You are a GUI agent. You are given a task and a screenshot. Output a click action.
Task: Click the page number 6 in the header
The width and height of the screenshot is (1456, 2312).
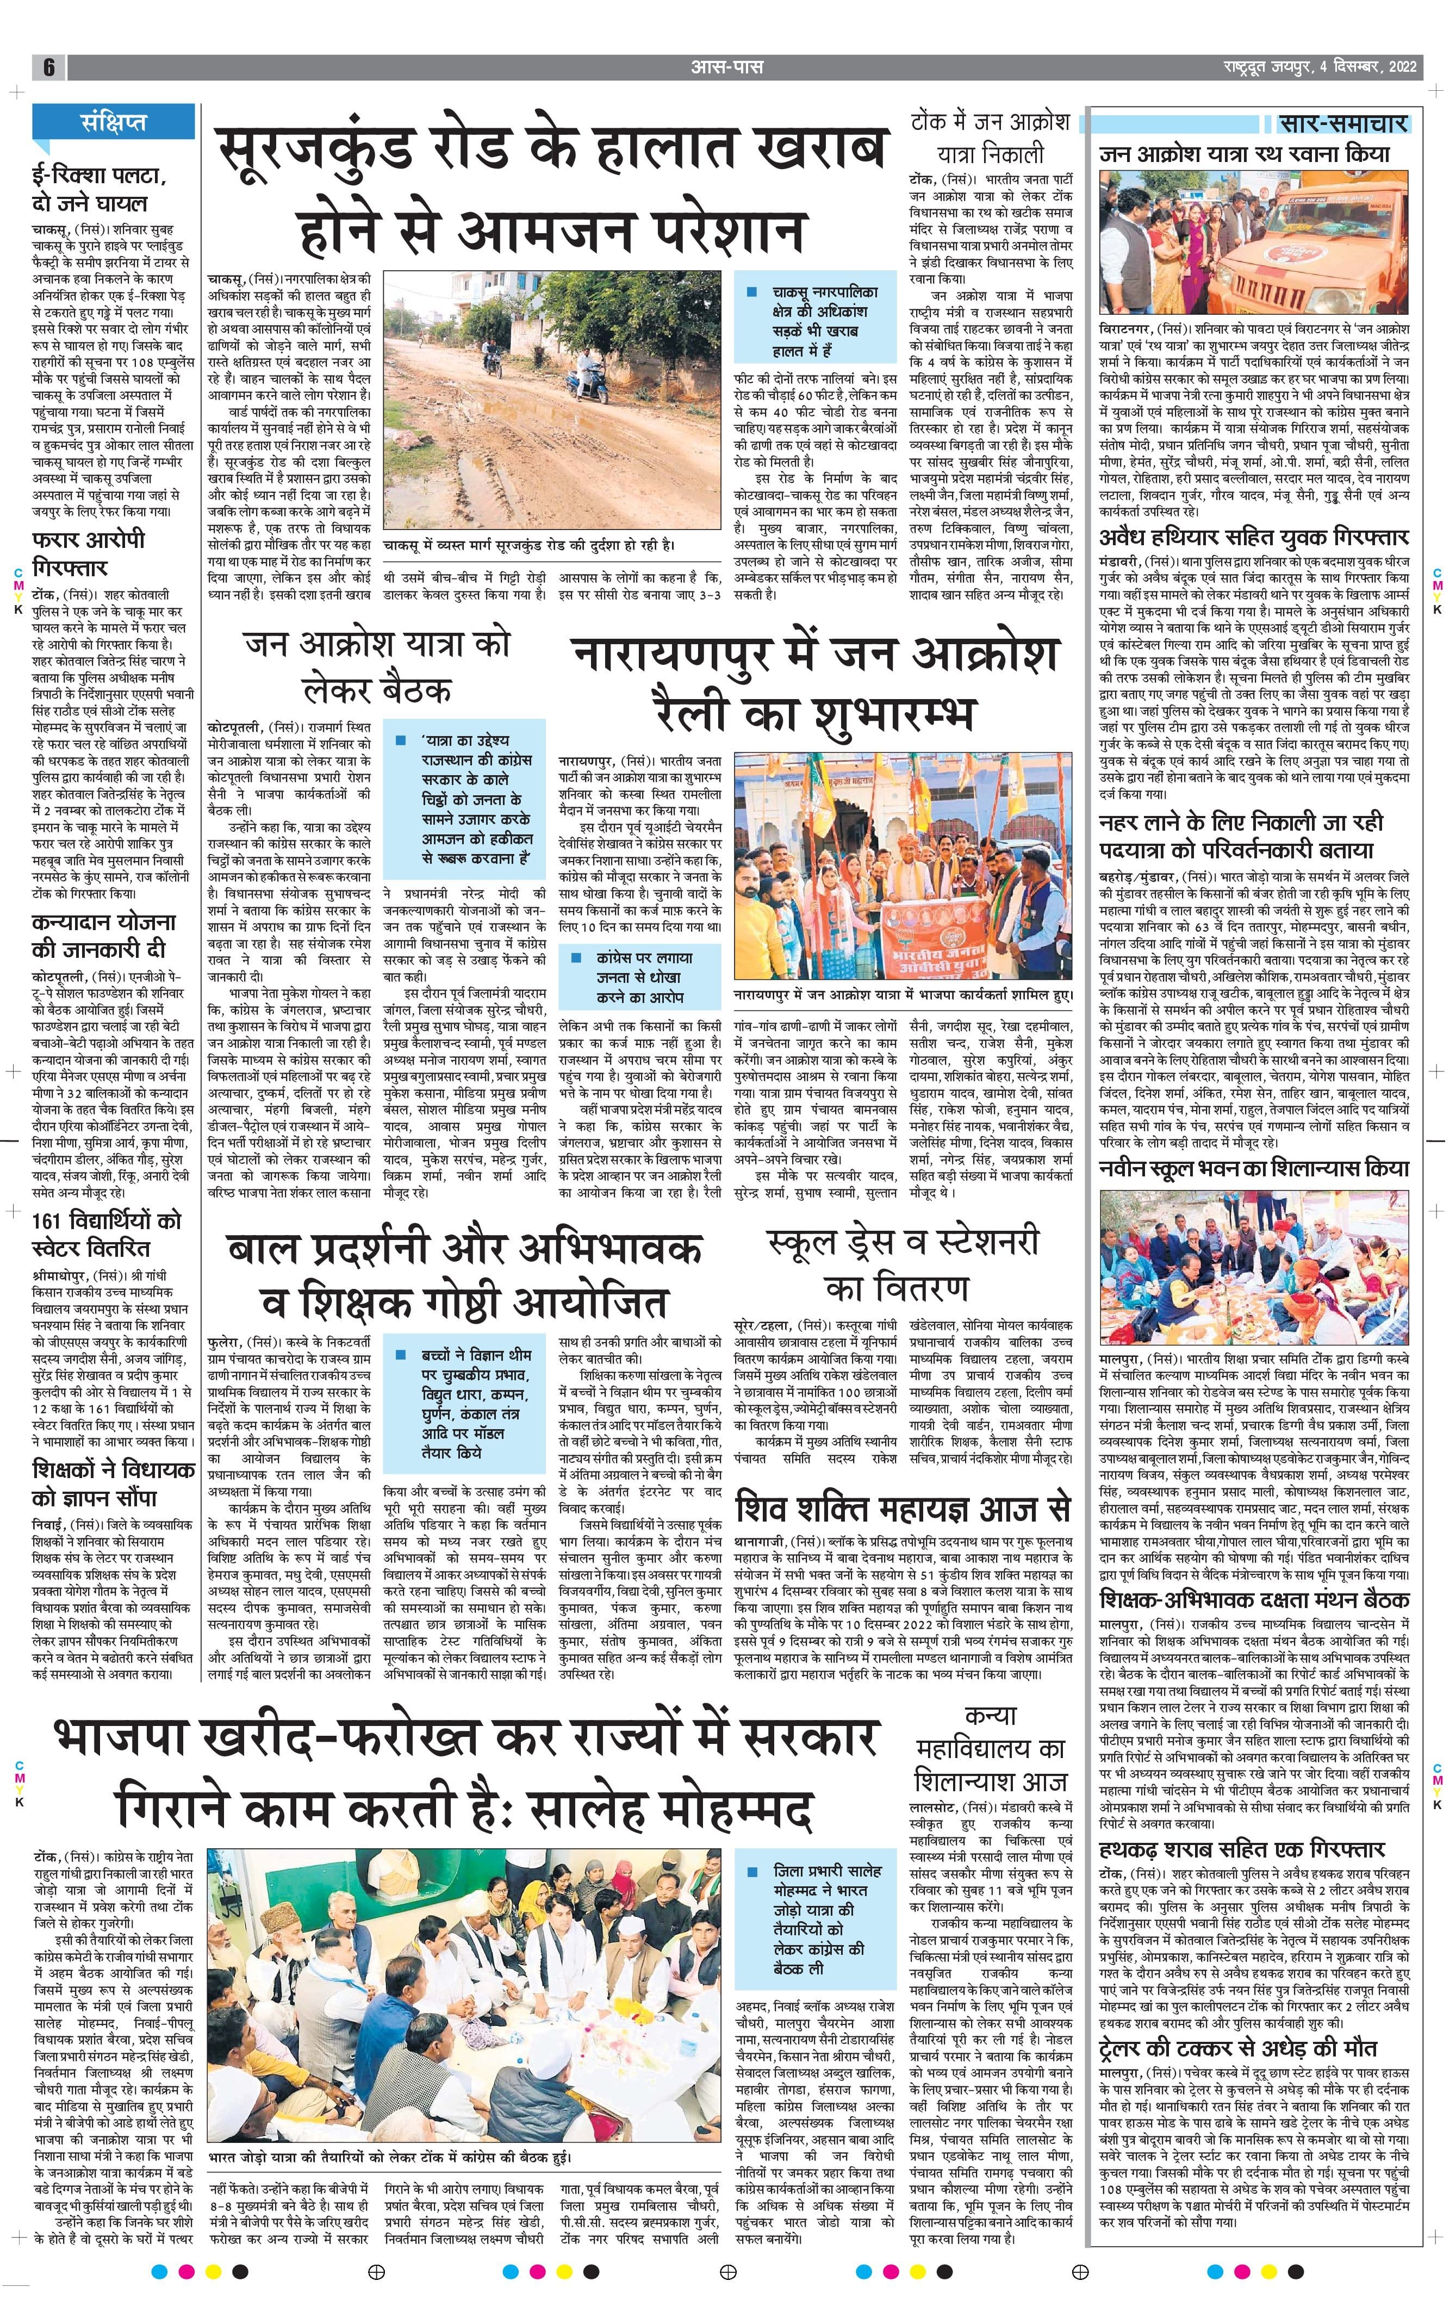[x=48, y=67]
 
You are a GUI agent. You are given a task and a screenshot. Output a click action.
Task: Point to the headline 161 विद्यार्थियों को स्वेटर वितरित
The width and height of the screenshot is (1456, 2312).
[x=105, y=1234]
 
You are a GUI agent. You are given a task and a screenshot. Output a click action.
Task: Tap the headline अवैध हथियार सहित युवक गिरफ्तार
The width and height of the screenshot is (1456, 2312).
[x=1253, y=536]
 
